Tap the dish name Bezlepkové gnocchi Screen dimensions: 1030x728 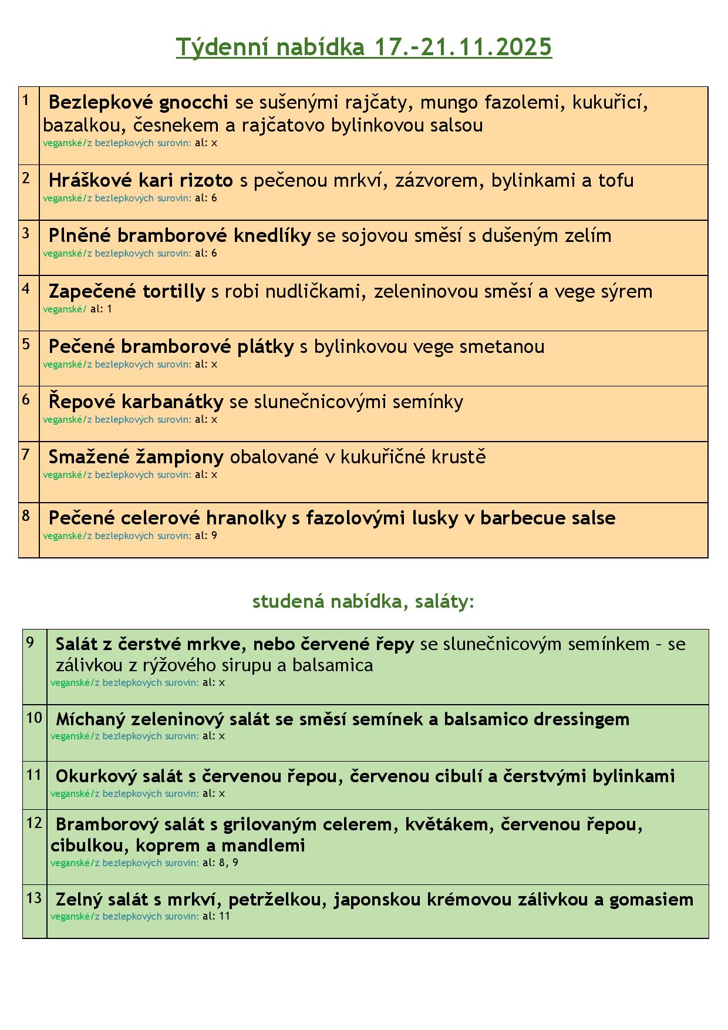click(138, 103)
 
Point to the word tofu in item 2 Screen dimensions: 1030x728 click(616, 180)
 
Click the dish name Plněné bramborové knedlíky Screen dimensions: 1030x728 click(179, 235)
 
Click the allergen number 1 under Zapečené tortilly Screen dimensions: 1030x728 click(109, 309)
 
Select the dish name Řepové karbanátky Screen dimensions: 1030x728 click(136, 402)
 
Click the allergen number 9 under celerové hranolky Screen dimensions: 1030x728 click(214, 536)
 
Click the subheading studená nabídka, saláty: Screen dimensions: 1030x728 click(363, 601)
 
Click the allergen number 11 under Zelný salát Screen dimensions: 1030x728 click(224, 916)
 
